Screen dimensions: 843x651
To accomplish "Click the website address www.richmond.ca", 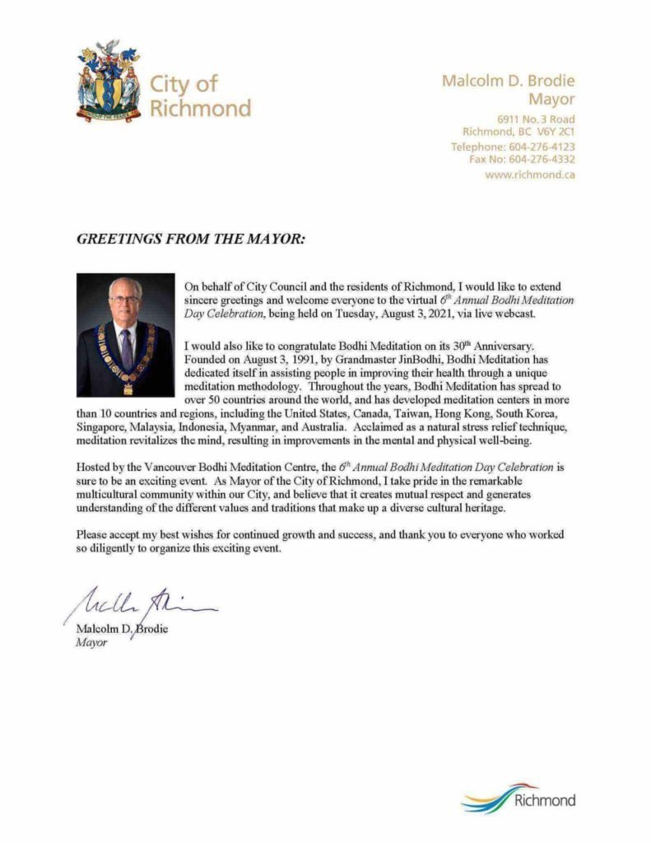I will [529, 175].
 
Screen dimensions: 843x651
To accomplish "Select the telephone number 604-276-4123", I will [543, 147].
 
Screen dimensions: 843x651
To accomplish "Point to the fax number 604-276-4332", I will [543, 160].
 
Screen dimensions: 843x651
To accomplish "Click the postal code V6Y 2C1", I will [556, 132].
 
